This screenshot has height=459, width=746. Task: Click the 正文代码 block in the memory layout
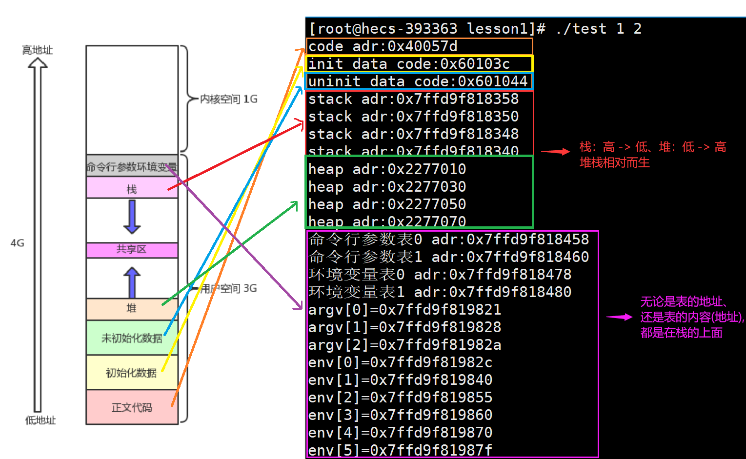[131, 407]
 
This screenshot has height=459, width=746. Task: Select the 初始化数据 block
[131, 373]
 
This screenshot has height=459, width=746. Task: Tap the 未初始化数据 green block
[131, 338]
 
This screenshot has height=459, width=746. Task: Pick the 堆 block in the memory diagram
[131, 308]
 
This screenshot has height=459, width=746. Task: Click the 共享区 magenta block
[131, 250]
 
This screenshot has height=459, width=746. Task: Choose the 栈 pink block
[131, 188]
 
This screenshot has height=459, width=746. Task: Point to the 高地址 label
[37, 50]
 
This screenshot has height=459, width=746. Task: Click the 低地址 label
[40, 420]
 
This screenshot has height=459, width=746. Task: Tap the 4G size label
[17, 243]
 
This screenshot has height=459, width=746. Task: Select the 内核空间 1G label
[228, 99]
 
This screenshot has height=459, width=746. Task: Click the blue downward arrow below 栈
[132, 217]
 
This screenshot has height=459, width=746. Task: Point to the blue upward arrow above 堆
[132, 282]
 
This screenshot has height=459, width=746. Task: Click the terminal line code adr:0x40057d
[383, 46]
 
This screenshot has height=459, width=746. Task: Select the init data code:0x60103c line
[409, 64]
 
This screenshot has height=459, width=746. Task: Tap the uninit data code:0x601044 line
[418, 81]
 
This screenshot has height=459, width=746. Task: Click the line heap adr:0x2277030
[387, 187]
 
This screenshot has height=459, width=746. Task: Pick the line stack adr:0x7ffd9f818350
[413, 117]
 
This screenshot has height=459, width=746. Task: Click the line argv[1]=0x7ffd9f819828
[404, 327]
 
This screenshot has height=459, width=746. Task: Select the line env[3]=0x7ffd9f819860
[400, 415]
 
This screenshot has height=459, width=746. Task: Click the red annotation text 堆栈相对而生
[614, 163]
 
